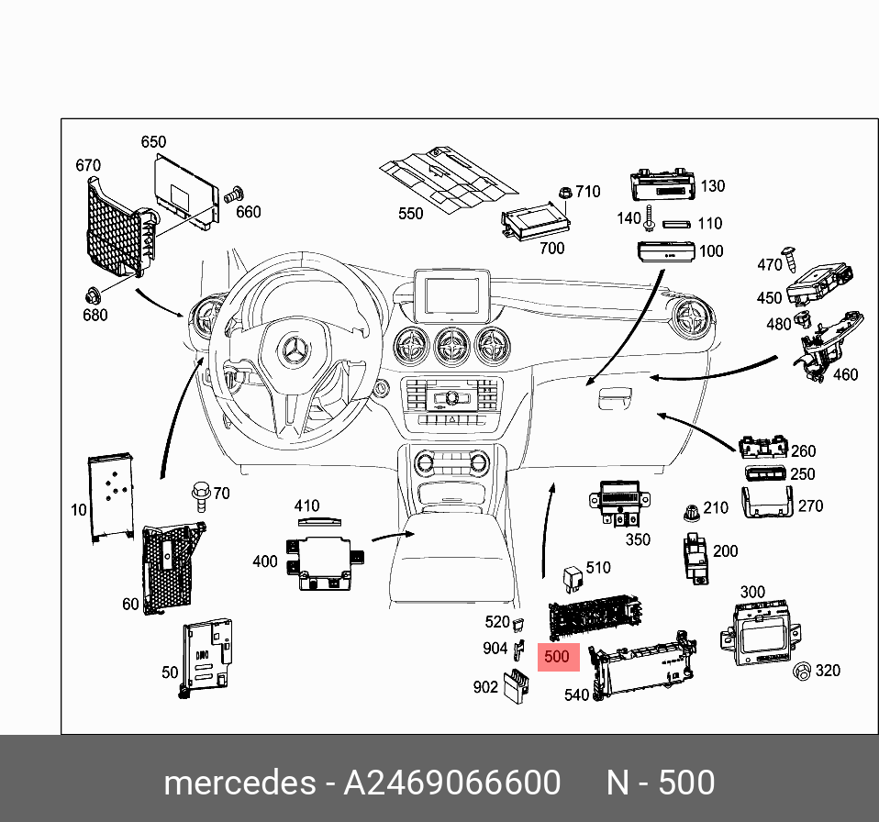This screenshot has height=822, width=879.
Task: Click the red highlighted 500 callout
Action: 556,657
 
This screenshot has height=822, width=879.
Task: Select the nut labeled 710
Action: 565,194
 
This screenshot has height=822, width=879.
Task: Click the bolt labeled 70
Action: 199,495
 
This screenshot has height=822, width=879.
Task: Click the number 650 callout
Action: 153,142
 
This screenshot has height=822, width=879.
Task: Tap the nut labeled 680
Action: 93,295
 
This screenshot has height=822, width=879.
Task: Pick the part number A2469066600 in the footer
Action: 451,783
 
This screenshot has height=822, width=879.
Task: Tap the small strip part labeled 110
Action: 677,223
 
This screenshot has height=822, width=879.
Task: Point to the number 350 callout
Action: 638,539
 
